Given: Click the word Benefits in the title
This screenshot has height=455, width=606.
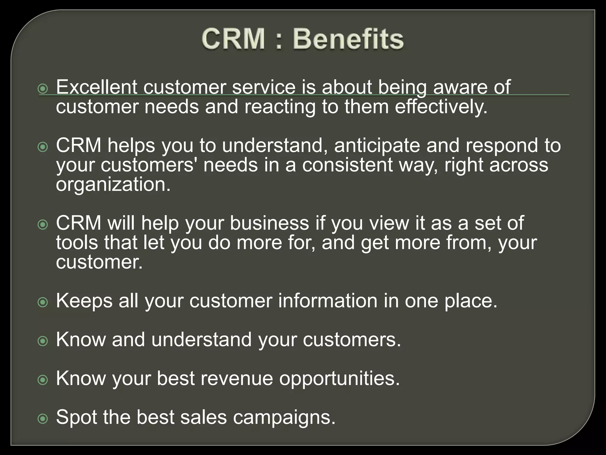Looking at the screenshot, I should tap(348, 39).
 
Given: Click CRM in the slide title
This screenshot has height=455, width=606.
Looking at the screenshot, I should tap(233, 39).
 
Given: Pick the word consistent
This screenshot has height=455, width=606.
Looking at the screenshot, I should tap(347, 165).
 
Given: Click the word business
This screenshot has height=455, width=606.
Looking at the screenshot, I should tap(269, 223).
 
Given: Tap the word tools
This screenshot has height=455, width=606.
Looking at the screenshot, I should tap(77, 242).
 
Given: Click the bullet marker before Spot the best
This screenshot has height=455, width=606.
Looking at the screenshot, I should tap(43, 419).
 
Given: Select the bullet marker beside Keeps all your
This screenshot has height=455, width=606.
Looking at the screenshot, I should tap(43, 302).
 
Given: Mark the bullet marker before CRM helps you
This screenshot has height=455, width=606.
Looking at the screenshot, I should tap(43, 147).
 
